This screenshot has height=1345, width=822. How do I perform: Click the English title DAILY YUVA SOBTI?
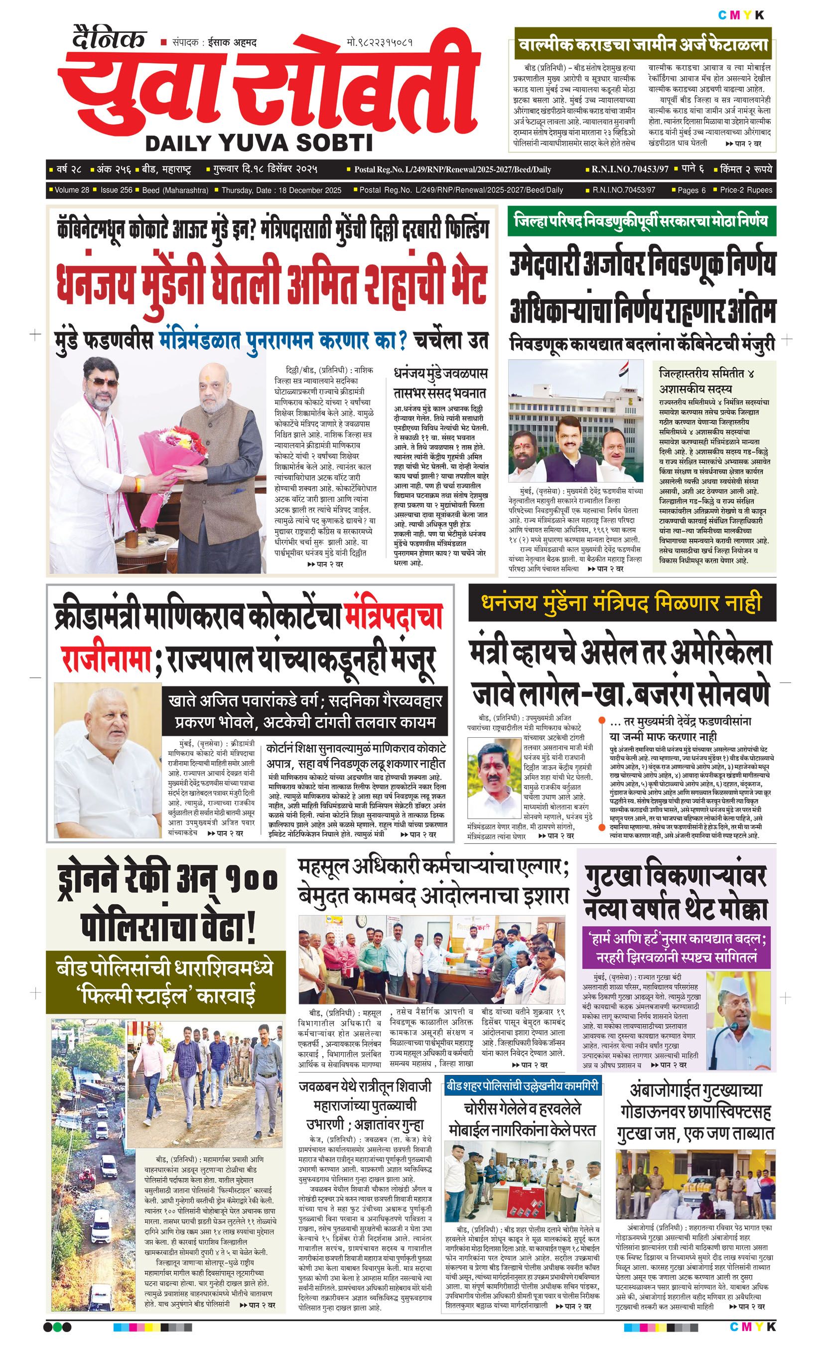click(x=259, y=143)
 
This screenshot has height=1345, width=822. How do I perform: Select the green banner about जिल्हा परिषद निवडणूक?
click(x=641, y=222)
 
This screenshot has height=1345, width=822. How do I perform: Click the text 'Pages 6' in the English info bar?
click(x=691, y=190)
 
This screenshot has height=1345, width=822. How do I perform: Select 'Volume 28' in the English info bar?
click(x=71, y=190)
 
